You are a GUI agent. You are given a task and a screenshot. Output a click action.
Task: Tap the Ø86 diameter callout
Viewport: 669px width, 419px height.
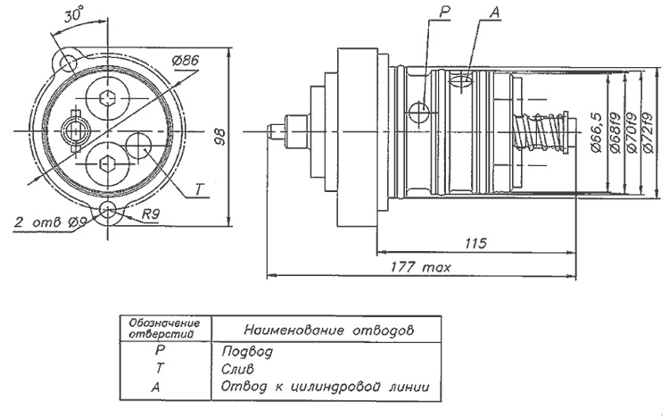click(186, 61)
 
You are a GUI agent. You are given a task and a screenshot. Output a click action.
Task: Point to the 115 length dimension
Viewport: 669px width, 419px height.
click(475, 242)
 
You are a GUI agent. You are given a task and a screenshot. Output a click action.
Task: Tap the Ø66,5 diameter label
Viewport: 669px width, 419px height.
click(597, 133)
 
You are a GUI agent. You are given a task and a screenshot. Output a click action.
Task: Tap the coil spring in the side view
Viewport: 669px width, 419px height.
click(541, 135)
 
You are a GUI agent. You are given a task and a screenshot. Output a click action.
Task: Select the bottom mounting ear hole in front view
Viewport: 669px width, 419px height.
click(111, 212)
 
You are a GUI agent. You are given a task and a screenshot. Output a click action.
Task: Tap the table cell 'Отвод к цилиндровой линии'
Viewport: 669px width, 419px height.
click(324, 386)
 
